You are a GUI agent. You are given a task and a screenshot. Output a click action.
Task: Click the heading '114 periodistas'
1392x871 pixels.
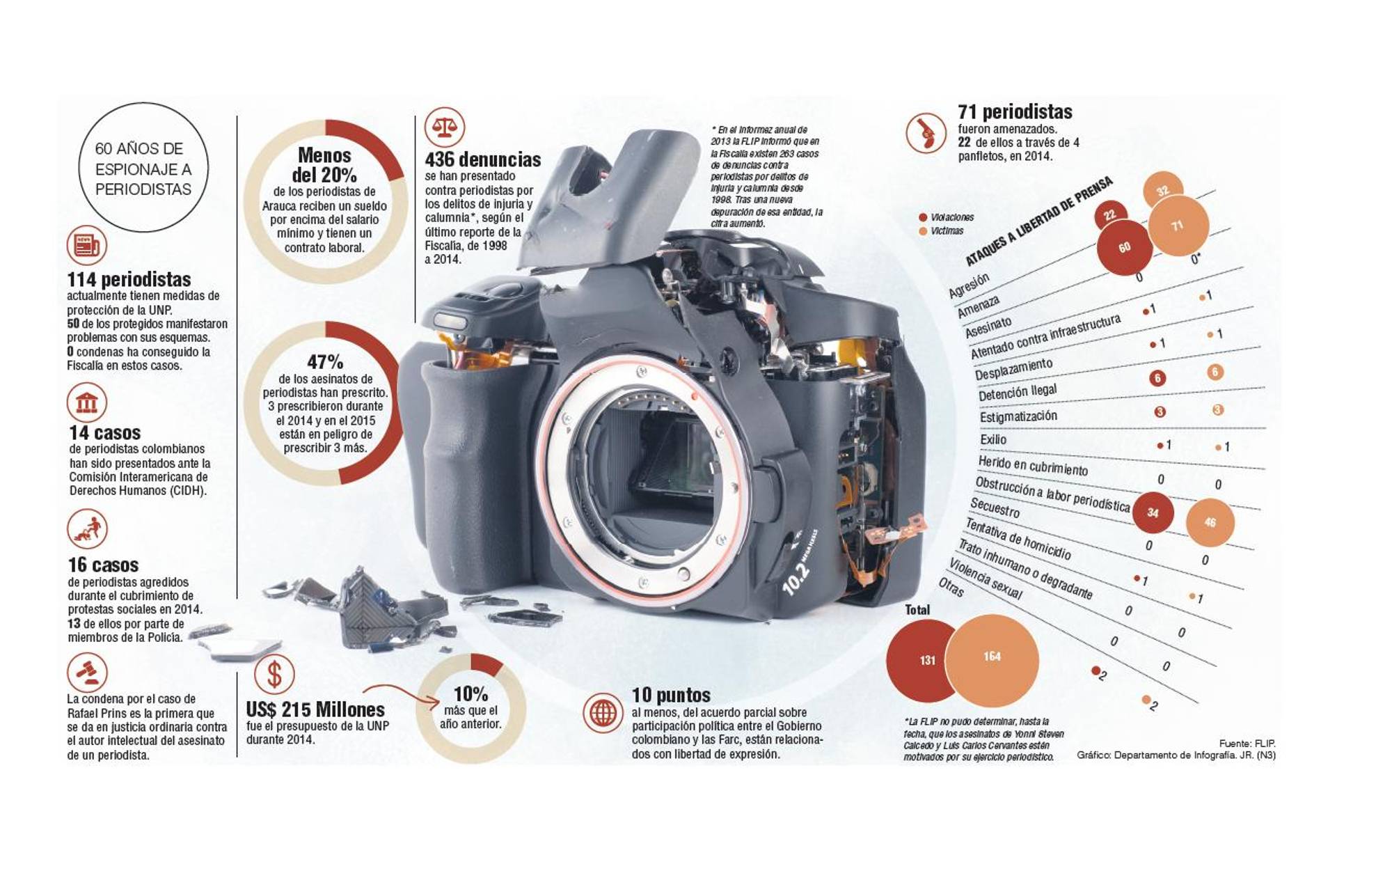129,280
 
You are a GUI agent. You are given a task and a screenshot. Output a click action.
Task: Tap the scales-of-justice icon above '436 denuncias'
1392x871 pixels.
444,127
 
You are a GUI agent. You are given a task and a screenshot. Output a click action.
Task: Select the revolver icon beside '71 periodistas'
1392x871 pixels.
926,132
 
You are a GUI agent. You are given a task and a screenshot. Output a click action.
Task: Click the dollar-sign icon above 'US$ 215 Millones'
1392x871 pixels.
274,673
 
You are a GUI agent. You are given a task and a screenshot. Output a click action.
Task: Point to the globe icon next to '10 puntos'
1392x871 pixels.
603,712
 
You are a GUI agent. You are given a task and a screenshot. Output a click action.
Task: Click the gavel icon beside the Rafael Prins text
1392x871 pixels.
87,673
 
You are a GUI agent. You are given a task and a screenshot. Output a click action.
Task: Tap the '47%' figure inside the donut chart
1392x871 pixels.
325,362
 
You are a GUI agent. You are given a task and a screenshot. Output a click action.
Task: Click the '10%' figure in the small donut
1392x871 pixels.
470,694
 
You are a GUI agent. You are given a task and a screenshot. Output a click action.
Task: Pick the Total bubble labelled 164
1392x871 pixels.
992,657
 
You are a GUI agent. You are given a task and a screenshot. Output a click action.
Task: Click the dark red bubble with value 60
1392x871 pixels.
1124,247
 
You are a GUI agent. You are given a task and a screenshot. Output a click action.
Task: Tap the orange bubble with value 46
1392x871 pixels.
1210,522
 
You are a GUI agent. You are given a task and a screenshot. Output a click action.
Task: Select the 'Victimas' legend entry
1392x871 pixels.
946,231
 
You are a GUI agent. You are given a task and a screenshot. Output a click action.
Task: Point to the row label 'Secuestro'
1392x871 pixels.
995,508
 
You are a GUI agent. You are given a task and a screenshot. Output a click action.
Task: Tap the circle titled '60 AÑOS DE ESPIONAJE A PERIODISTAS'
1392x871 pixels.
143,168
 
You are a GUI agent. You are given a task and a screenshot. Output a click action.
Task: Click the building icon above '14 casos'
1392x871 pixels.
87,402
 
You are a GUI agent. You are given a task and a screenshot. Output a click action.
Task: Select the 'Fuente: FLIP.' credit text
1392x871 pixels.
1247,744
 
